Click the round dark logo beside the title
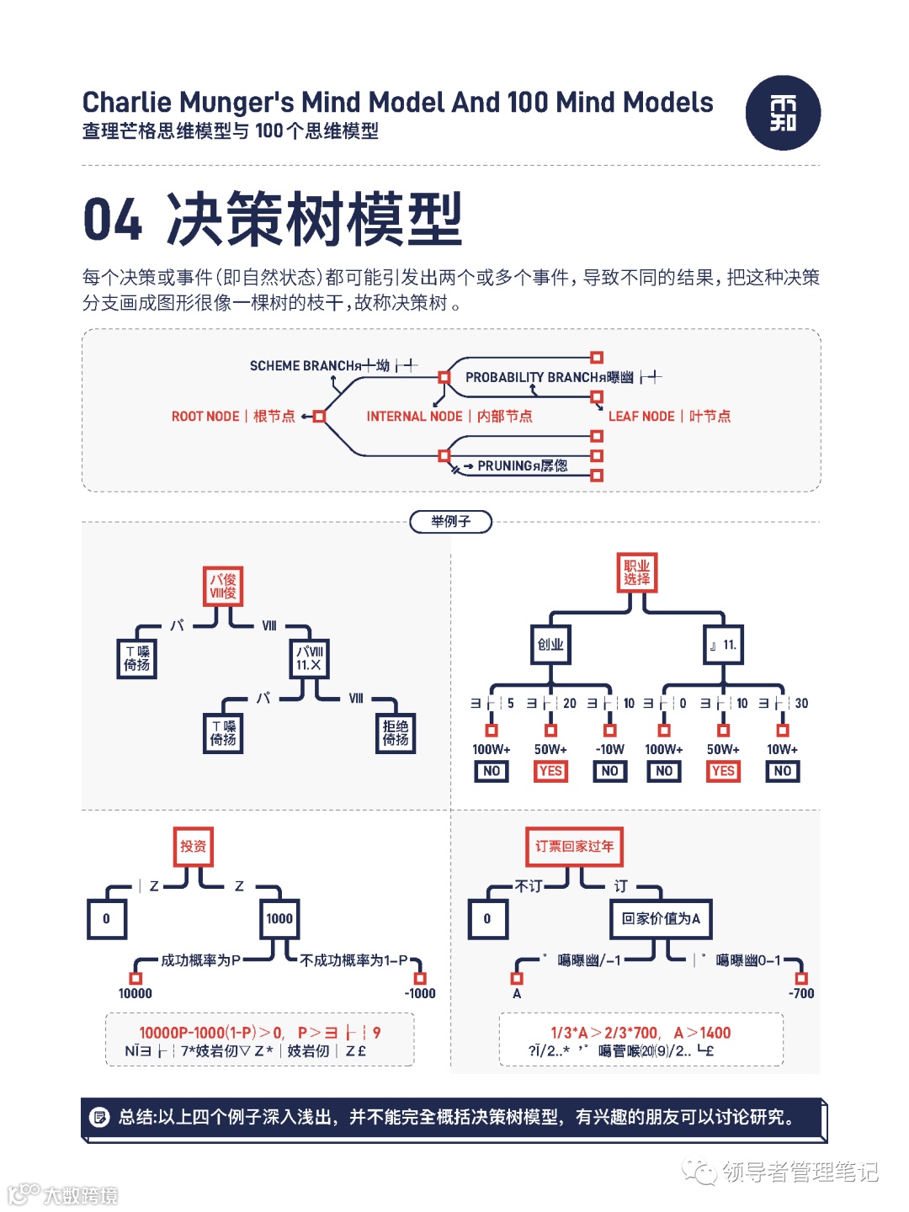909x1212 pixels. coord(783,114)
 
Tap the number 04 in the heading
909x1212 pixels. coord(113,220)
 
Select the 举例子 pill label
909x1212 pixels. coord(450,522)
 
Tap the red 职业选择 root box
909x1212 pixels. coord(637,573)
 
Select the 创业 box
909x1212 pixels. coord(550,645)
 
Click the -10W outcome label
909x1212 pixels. coord(609,749)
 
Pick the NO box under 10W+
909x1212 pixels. coord(782,771)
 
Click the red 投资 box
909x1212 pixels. coord(193,847)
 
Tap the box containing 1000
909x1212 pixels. coord(279,919)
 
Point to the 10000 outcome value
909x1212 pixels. coord(135,994)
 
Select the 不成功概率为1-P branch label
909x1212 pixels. coord(353,960)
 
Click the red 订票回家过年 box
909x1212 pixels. coord(574,847)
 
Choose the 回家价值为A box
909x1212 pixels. coord(661,919)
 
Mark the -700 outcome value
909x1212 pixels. coord(801,994)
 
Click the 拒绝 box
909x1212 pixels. coord(396,733)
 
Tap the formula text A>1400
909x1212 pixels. coord(702,1033)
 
